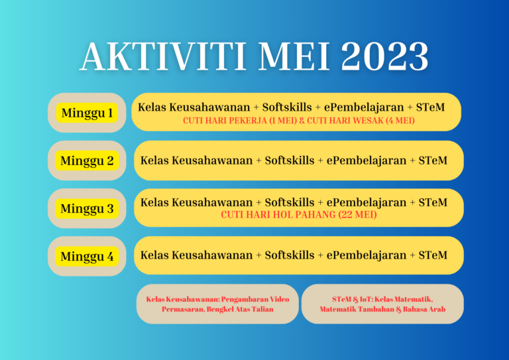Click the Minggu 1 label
(x=87, y=113)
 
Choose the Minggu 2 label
(x=87, y=161)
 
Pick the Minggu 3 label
(x=87, y=209)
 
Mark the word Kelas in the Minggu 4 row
(x=154, y=255)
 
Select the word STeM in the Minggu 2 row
(x=433, y=160)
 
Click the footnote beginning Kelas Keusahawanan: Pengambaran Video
(x=217, y=304)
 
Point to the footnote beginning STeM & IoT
(x=382, y=304)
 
